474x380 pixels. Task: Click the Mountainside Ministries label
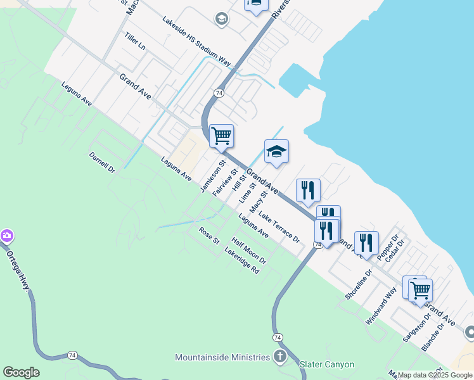[222, 357]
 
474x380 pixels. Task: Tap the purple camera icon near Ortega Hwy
[6, 236]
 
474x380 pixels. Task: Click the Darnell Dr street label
[102, 162]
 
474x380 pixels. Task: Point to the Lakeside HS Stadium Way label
[196, 41]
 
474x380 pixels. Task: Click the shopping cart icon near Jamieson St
[221, 135]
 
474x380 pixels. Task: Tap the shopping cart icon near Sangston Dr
[420, 290]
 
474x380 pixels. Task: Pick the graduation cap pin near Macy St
[276, 151]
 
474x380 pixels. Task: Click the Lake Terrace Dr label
[279, 228]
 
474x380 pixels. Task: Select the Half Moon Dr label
[249, 251]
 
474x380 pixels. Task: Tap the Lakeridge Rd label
[242, 260]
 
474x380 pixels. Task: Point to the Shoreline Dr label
[356, 285]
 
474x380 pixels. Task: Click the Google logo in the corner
[21, 372]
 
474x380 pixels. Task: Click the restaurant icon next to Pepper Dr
[366, 242]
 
